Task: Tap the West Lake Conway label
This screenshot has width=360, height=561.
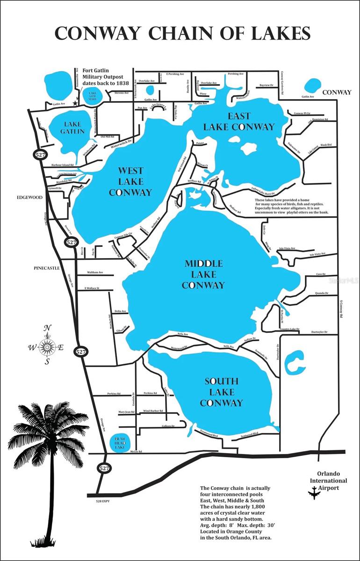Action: (130, 181)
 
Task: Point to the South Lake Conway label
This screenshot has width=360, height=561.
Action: (221, 392)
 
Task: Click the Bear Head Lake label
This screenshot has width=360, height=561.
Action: (121, 442)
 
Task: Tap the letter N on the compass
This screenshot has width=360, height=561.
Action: (47, 328)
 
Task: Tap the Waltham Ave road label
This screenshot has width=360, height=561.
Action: (94, 273)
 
